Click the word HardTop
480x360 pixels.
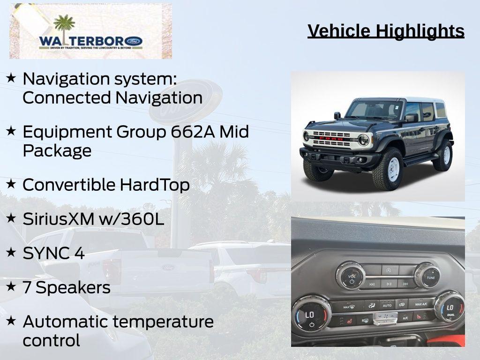(154, 185)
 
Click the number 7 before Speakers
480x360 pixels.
(27, 287)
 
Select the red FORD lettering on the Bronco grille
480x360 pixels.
(331, 139)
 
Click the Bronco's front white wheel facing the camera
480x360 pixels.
(390, 169)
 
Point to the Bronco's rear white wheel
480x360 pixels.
(443, 155)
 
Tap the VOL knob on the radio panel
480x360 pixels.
(351, 275)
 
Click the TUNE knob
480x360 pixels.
(427, 275)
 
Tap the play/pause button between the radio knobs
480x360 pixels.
(389, 283)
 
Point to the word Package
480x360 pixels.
(57, 151)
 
